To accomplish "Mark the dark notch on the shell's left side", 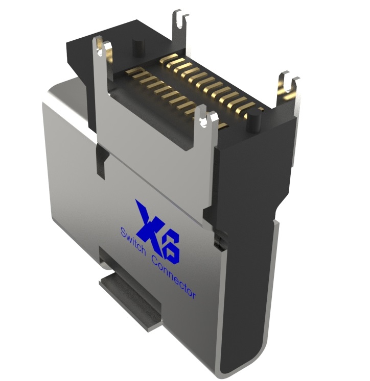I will click(x=101, y=161).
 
